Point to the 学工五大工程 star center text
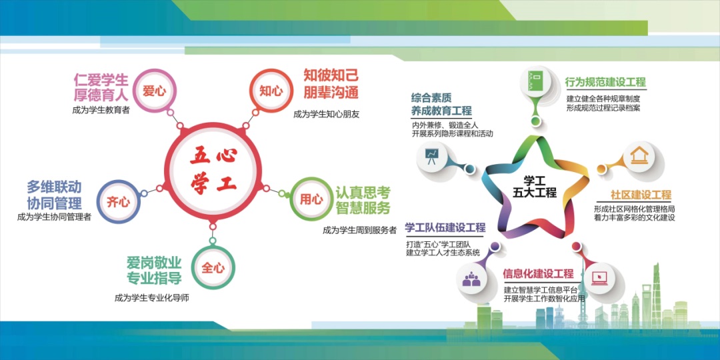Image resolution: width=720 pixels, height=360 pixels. (x=535, y=187)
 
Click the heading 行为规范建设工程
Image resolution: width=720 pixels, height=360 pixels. (x=606, y=83)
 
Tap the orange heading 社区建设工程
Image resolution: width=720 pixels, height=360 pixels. (x=641, y=195)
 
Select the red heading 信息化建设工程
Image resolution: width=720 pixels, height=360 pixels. (x=539, y=275)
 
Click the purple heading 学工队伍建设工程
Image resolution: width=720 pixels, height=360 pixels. (x=445, y=228)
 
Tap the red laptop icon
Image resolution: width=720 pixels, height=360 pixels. (x=599, y=278)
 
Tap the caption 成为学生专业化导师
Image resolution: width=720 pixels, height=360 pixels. (x=152, y=298)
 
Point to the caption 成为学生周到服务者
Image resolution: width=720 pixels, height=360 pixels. (x=359, y=231)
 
